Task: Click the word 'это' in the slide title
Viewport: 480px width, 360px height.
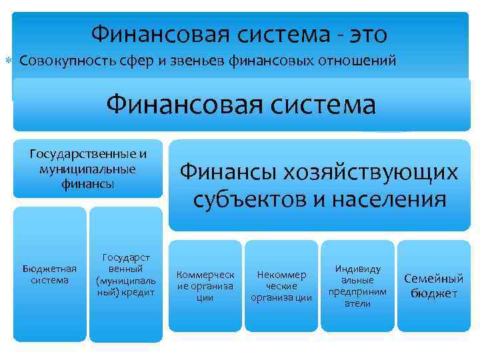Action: point(363,33)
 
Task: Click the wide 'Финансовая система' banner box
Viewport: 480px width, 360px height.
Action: point(240,105)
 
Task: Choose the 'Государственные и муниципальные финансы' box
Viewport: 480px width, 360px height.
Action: point(88,169)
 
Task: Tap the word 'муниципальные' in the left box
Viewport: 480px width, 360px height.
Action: point(88,169)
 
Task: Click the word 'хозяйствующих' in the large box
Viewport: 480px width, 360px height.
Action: point(383,173)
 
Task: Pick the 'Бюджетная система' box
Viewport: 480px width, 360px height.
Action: point(50,273)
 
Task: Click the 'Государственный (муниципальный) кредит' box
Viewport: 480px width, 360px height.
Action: point(125,274)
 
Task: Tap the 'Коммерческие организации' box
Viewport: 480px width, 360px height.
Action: point(205,285)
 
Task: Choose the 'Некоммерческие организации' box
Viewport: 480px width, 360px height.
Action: point(281,285)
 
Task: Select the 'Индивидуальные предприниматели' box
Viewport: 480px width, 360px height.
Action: point(357,285)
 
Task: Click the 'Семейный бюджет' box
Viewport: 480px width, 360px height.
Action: point(433,285)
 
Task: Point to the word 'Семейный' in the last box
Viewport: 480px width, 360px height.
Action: point(433,279)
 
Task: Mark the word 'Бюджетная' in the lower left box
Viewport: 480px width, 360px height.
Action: point(50,268)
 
